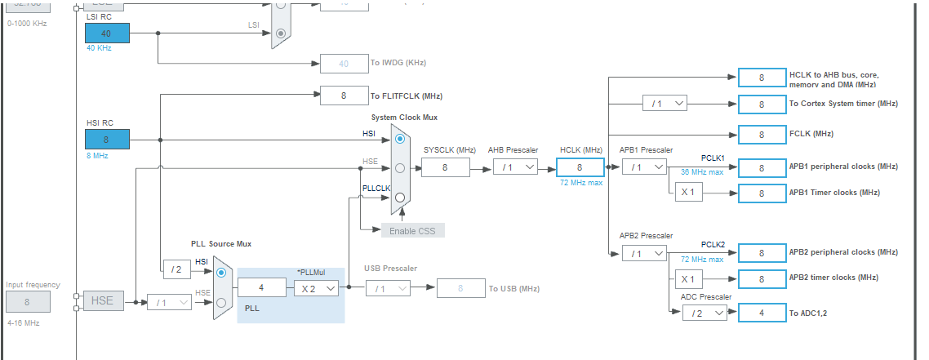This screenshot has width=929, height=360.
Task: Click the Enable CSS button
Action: click(x=412, y=230)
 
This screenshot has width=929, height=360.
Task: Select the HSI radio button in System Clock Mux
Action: click(x=400, y=139)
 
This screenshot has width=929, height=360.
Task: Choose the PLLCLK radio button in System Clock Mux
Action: click(x=400, y=198)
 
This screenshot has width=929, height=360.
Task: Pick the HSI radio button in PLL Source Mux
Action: click(x=221, y=273)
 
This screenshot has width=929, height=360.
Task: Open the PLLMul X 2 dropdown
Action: click(x=316, y=288)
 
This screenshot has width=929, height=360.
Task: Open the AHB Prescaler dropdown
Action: click(x=515, y=167)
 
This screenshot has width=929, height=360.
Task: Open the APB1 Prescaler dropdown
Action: click(x=644, y=167)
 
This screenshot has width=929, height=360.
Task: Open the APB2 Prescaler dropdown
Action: click(x=644, y=253)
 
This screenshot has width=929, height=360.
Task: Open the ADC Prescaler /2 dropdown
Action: click(x=705, y=313)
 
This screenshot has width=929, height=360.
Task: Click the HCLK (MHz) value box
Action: click(x=580, y=167)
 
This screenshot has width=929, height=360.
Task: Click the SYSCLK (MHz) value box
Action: click(x=445, y=167)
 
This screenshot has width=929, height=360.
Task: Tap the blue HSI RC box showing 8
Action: click(x=106, y=140)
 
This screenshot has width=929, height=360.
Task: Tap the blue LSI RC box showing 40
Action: click(x=106, y=33)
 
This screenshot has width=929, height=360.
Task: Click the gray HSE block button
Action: click(x=102, y=301)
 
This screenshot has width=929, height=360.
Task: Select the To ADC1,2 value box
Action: click(x=761, y=313)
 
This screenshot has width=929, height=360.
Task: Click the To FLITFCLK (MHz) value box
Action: click(x=344, y=96)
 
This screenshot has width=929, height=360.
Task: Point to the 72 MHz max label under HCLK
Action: click(x=580, y=183)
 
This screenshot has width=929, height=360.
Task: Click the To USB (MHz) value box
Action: click(x=460, y=288)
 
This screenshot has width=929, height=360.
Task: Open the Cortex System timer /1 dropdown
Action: click(x=665, y=104)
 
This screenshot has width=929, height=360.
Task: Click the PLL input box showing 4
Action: click(x=261, y=288)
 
